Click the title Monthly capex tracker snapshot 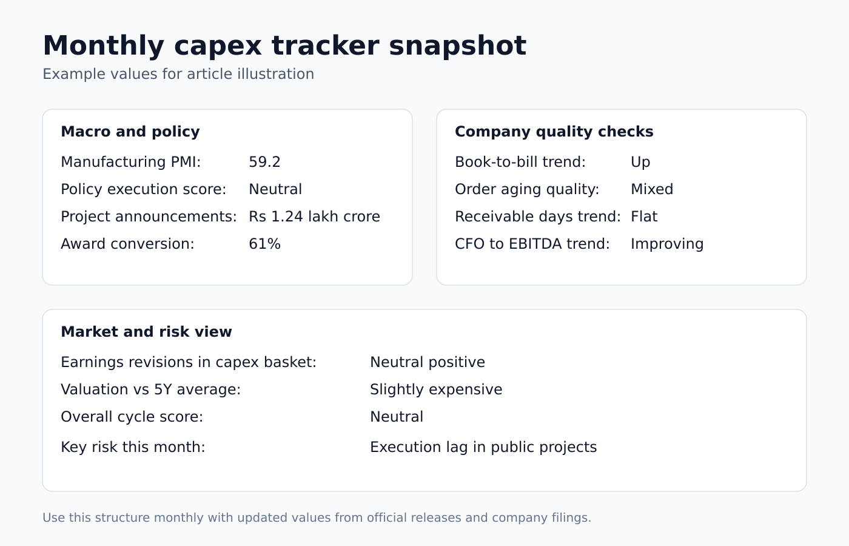point(284,46)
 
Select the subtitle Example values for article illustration point(178,74)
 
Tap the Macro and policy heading point(130,132)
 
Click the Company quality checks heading point(554,132)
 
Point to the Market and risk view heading point(146,332)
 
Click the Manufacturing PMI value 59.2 point(264,162)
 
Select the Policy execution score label point(143,189)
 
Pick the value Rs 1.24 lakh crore point(314,217)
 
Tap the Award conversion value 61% point(264,244)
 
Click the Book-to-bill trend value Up point(640,162)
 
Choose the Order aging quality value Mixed point(652,189)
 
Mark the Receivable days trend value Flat point(644,217)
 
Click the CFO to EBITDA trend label point(532,244)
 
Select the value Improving point(667,244)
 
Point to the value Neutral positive point(428,362)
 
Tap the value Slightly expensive point(436,389)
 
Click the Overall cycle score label point(132,417)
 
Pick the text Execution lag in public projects point(483,447)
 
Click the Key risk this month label point(133,447)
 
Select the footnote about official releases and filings point(317,517)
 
